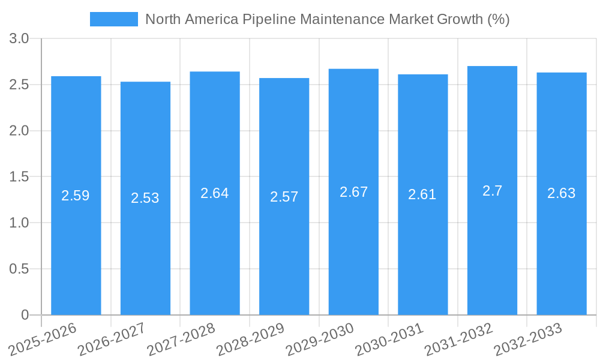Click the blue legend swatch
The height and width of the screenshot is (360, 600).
coord(113,19)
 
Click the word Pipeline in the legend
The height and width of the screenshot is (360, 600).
coord(268,19)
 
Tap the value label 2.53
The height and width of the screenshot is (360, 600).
coord(145,198)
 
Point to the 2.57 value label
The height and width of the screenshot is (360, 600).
coord(284,197)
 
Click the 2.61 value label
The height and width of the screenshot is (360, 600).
coord(422,194)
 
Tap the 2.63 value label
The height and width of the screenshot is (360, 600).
coord(562,193)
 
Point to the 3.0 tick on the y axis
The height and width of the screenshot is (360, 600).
coord(20,39)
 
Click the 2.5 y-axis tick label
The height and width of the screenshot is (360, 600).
coord(20,85)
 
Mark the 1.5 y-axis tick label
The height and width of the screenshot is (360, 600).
coord(20,177)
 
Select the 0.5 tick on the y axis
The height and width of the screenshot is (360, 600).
coord(20,269)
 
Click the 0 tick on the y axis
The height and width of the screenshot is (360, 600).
coord(25,315)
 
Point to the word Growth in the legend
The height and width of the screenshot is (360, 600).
coord(459,19)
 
